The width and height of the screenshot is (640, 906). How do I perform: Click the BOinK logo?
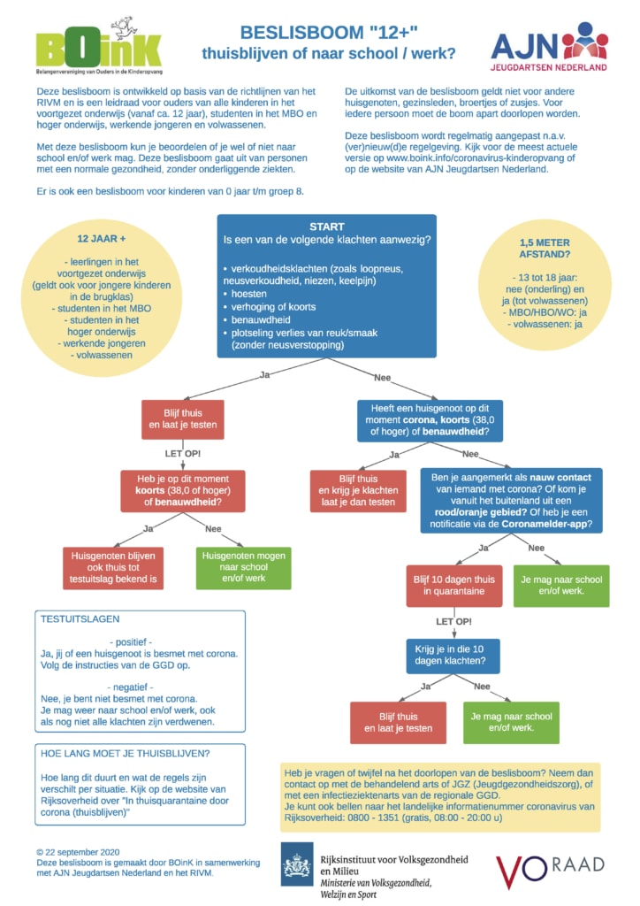[99, 46]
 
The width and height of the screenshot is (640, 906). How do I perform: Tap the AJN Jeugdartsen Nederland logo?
[549, 46]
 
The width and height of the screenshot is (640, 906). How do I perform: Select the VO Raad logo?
[550, 871]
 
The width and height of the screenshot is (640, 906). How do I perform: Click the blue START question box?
[327, 286]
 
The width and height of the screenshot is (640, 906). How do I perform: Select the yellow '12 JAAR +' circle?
[102, 296]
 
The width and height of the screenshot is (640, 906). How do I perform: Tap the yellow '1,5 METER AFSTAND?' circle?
[545, 283]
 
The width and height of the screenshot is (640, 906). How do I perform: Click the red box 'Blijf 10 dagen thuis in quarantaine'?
[454, 586]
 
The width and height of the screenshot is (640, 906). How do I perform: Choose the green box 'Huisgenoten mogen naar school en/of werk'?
[243, 568]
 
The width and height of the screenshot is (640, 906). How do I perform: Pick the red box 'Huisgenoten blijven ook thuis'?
[113, 568]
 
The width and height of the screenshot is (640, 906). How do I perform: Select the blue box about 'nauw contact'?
[511, 501]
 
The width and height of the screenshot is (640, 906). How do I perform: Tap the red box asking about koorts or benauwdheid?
[183, 490]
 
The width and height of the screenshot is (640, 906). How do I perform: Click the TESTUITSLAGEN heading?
[80, 618]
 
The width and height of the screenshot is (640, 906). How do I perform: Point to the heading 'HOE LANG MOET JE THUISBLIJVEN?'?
[126, 754]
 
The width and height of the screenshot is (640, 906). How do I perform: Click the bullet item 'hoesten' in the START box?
[248, 294]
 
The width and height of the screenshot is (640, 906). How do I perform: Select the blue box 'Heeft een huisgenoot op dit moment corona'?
[430, 420]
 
